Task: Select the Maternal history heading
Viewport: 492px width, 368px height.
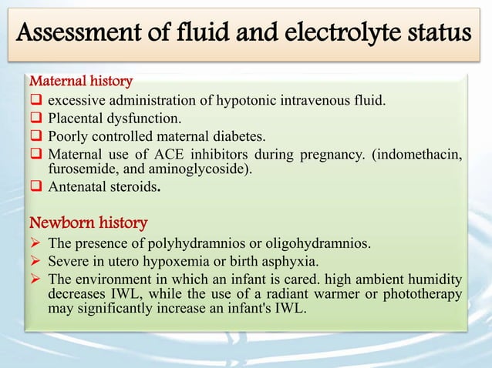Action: point(81,80)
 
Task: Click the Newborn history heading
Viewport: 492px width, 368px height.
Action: point(88,223)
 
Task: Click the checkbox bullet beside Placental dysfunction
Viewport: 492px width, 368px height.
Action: point(35,118)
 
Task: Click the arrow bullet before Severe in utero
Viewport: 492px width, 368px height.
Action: point(35,264)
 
